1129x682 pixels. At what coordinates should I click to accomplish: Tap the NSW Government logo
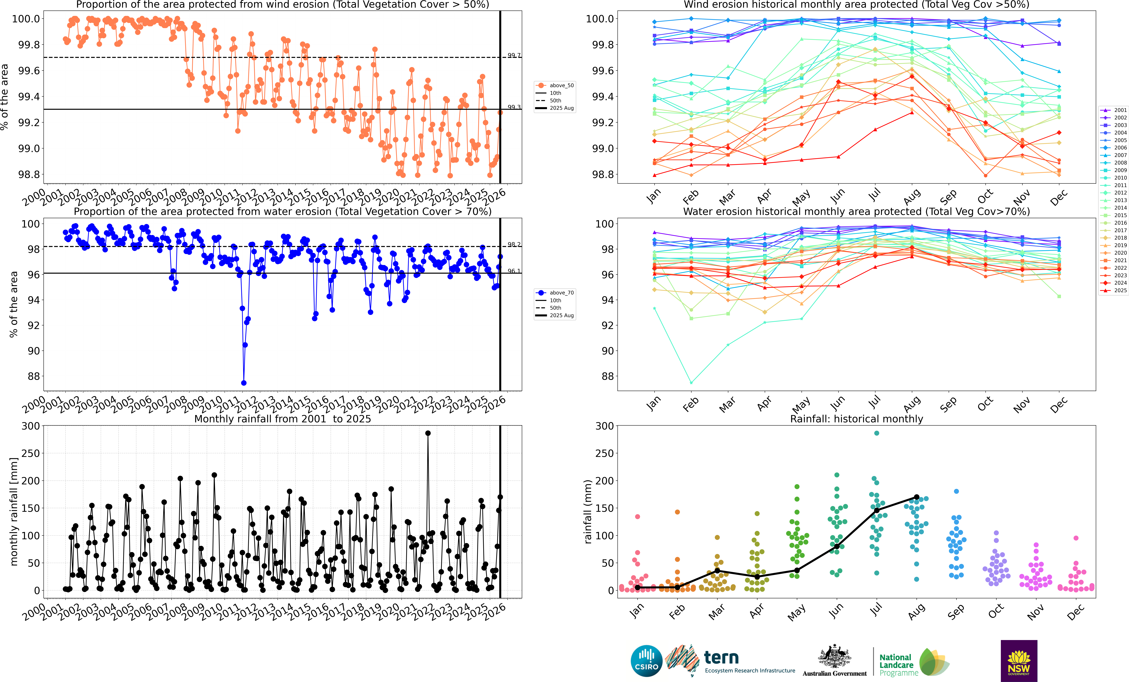pyautogui.click(x=1019, y=660)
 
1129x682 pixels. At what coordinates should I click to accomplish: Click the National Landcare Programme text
pyautogui.click(x=898, y=665)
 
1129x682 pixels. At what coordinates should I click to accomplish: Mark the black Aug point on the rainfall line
pyautogui.click(x=916, y=497)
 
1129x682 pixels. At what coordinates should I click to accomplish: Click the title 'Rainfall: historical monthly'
pyautogui.click(x=856, y=419)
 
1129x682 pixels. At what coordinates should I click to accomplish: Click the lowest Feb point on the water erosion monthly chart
pyautogui.click(x=691, y=383)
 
